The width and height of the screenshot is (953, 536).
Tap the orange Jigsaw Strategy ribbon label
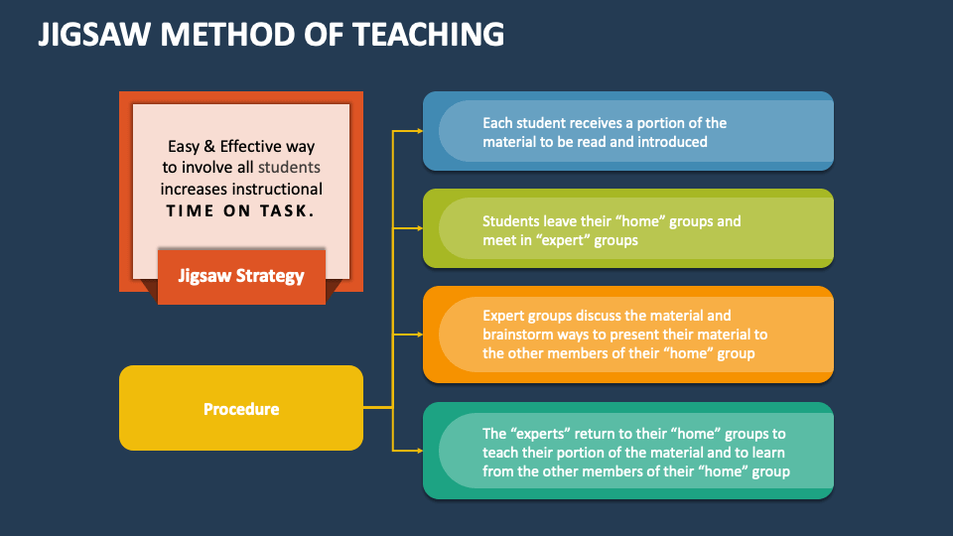tap(241, 276)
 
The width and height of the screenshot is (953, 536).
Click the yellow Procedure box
tap(241, 409)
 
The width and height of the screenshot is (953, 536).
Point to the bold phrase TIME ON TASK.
tap(240, 210)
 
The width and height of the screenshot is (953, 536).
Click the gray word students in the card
tap(290, 167)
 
